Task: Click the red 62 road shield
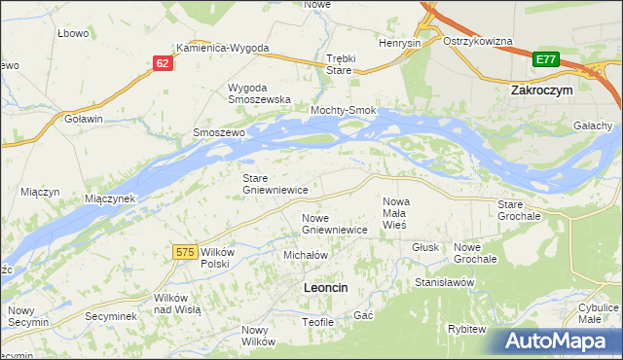tap(163, 63)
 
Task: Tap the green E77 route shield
tap(546, 60)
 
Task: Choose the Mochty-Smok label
tap(343, 111)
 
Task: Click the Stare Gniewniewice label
tap(275, 184)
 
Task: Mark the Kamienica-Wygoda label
tap(222, 48)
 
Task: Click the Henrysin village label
tap(399, 44)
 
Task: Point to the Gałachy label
tap(593, 126)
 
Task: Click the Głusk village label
tap(423, 247)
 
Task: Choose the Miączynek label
tap(109, 198)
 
